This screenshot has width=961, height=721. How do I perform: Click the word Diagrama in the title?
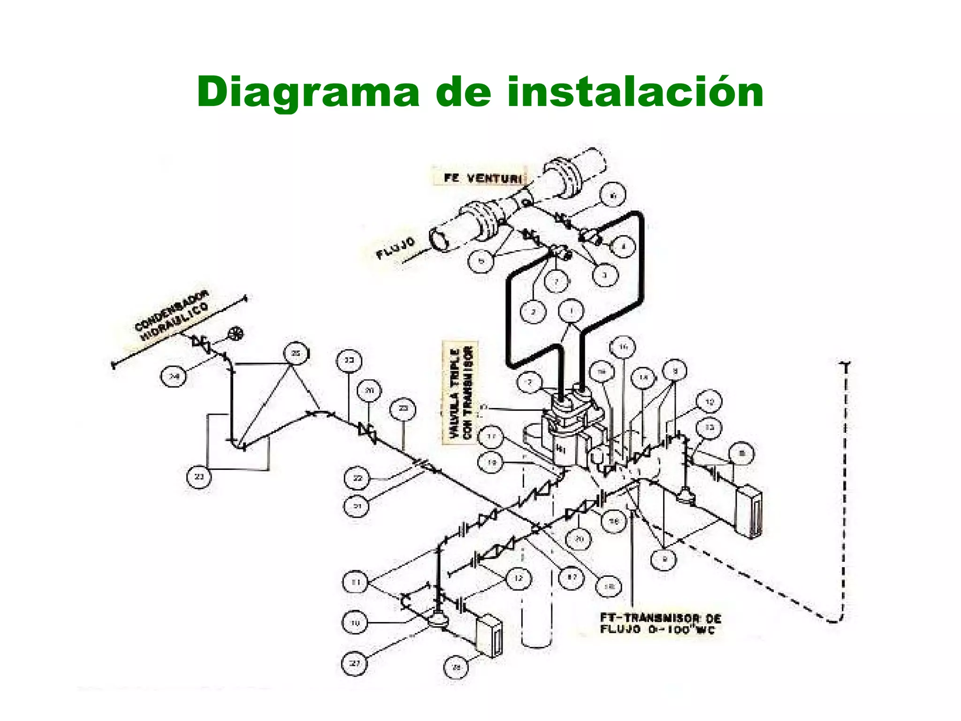point(307,92)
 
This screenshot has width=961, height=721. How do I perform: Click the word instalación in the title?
point(634,92)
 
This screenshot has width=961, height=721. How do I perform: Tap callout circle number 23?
point(199,476)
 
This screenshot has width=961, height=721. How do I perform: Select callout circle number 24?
point(174,377)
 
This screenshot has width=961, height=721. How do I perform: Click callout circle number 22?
point(358,478)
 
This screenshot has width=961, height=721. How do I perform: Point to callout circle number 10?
point(355,623)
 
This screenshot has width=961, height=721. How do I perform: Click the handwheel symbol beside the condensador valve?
point(235,334)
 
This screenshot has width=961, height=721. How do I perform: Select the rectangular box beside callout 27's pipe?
point(488,634)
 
